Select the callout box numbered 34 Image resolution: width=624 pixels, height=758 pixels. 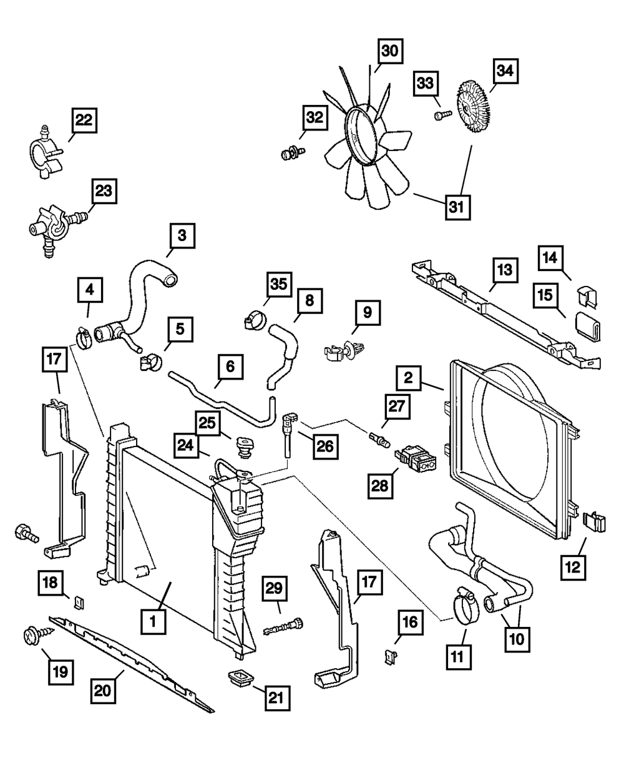pyautogui.click(x=504, y=72)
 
